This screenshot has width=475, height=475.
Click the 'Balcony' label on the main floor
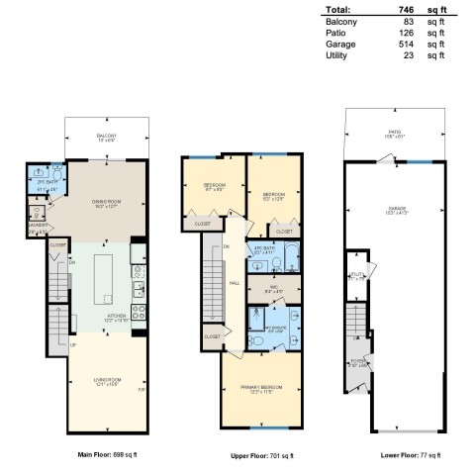106,136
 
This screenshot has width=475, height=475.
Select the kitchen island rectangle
106,280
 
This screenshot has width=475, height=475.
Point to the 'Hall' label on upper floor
235,282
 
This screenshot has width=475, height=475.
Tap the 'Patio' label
397,136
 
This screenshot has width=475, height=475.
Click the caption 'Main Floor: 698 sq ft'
105,455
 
